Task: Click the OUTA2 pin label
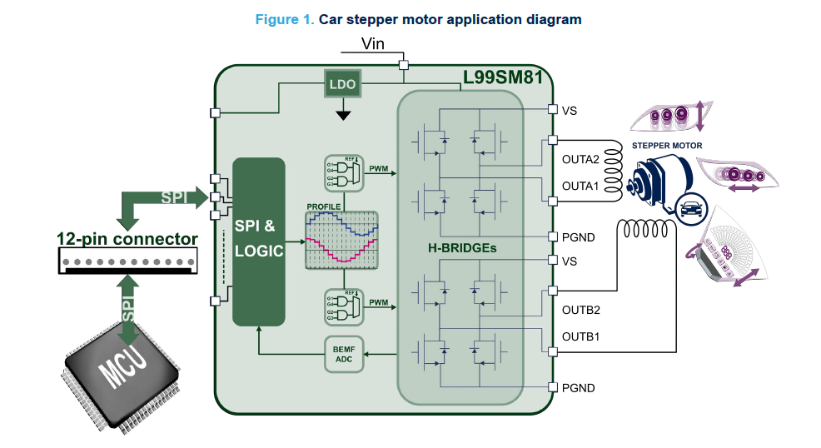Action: click(580, 160)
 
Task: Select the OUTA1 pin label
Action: click(580, 186)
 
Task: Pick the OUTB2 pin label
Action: click(581, 310)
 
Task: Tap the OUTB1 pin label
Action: click(581, 336)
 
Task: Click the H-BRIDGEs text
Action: click(461, 247)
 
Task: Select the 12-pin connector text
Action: click(127, 239)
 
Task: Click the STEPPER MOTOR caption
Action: click(667, 146)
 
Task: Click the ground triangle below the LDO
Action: click(342, 114)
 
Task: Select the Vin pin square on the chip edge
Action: click(404, 64)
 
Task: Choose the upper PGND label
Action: click(579, 237)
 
